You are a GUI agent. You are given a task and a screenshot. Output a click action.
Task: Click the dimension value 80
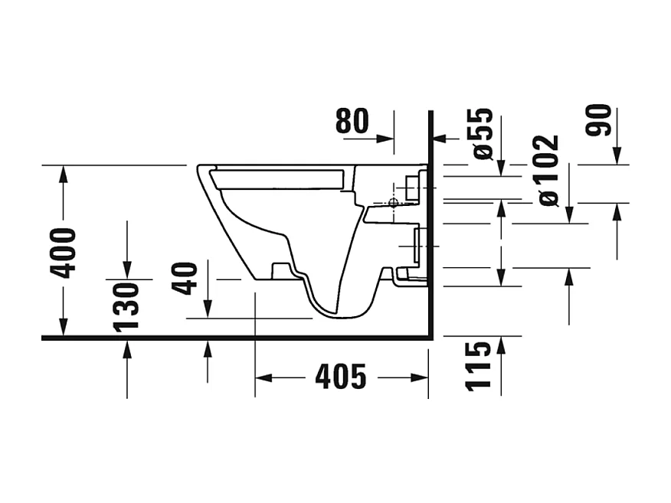tap(352, 121)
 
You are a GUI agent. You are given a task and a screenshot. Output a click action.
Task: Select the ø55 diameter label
tap(483, 134)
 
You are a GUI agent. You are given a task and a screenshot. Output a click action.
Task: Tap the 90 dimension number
tap(599, 120)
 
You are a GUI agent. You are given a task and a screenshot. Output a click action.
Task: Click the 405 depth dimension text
tap(341, 377)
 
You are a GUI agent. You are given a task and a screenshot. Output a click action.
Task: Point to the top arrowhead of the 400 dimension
tap(64, 173)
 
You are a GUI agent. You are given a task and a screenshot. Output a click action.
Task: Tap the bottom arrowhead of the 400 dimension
tap(64, 328)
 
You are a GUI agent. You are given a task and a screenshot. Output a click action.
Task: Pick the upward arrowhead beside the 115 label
tap(501, 345)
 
